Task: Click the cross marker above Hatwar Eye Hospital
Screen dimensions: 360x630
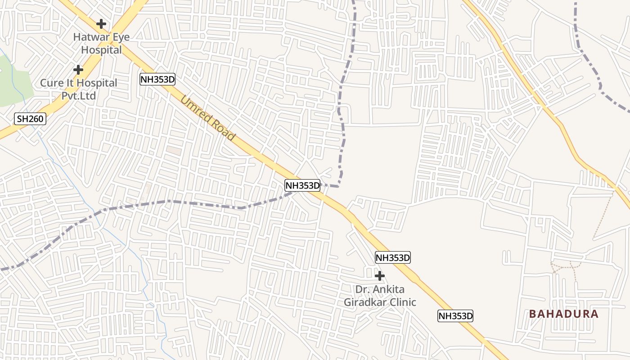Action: (x=101, y=23)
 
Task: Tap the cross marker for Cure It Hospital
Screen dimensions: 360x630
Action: (x=78, y=70)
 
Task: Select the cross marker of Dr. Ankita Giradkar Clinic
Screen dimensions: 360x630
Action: (x=380, y=275)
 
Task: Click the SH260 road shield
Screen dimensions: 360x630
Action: (x=31, y=119)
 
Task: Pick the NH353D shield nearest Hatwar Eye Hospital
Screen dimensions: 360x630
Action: (x=157, y=80)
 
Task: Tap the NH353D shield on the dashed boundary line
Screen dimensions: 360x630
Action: (x=302, y=185)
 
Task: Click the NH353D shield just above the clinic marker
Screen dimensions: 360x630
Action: (x=393, y=258)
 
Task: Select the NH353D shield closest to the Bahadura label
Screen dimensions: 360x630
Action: (x=455, y=316)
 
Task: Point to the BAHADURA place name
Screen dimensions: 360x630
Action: (x=564, y=314)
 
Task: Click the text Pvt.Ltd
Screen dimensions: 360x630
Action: (x=79, y=96)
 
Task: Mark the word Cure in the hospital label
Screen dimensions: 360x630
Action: (x=51, y=83)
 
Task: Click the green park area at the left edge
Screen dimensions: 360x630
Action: (x=13, y=83)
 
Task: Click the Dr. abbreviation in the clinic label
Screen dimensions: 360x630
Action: (x=362, y=289)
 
